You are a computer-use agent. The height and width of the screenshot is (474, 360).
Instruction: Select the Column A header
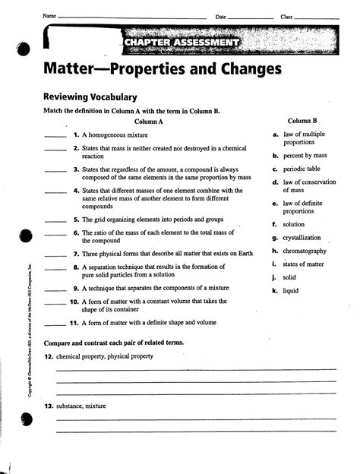tap(149, 121)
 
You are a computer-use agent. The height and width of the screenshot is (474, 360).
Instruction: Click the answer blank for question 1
tap(55, 134)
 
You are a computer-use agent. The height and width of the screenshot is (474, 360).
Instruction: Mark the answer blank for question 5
tap(55, 219)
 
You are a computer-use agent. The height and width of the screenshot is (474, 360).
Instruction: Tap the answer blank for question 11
tap(55, 324)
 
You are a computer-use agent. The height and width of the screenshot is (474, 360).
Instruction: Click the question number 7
tap(76, 254)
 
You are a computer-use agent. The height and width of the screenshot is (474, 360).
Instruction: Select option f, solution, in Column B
tap(293, 225)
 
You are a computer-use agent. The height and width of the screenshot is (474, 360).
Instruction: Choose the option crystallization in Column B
tap(302, 238)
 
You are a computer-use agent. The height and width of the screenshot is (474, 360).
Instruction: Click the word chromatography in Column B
tap(305, 251)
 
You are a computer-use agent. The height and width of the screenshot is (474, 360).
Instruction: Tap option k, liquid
tap(290, 290)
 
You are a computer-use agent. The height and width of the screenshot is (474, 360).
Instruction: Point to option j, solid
tap(289, 277)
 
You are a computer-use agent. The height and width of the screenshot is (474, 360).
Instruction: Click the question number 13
tap(48, 406)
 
